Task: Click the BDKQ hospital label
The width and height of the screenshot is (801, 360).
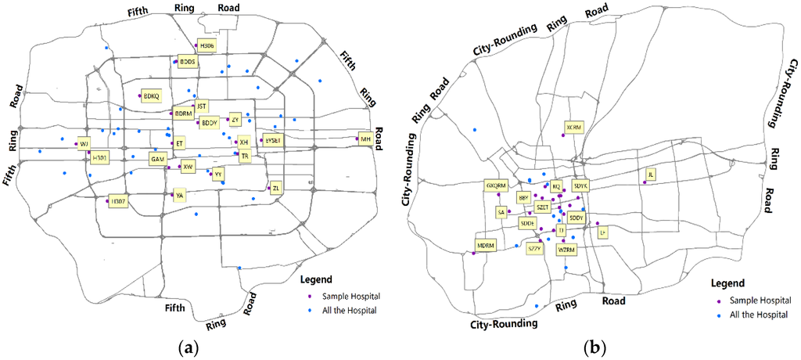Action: click(x=151, y=96)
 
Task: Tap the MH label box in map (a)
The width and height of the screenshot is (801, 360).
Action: click(x=365, y=139)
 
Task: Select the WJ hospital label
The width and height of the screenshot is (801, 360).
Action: click(x=84, y=142)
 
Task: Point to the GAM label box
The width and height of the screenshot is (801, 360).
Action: click(x=158, y=159)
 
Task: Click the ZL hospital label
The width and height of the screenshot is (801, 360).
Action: click(x=276, y=187)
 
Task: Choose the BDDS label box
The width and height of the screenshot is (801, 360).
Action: click(x=188, y=61)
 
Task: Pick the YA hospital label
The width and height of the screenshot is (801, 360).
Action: click(x=180, y=196)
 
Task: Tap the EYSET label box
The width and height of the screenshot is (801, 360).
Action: click(x=273, y=140)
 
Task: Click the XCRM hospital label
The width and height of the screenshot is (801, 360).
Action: click(x=574, y=127)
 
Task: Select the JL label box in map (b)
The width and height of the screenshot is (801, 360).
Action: click(x=650, y=175)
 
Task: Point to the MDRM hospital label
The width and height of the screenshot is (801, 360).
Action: click(x=487, y=245)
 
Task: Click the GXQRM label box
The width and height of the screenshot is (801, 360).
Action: click(x=497, y=185)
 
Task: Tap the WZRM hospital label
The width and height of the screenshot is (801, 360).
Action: click(x=566, y=250)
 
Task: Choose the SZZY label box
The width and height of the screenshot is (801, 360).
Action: click(x=535, y=249)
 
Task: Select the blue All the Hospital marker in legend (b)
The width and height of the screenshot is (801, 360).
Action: click(x=719, y=315)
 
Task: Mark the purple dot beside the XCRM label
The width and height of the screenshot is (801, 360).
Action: click(x=562, y=137)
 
